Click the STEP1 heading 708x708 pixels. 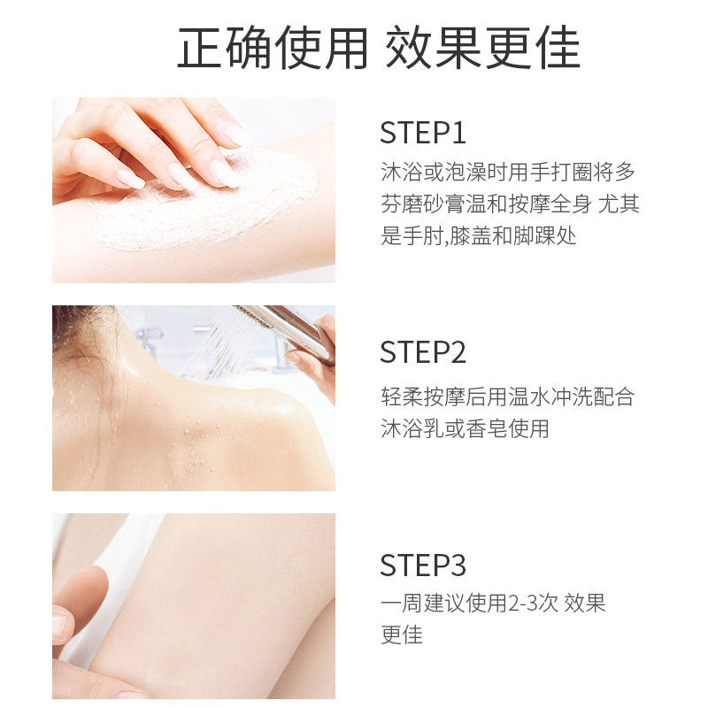click(422, 134)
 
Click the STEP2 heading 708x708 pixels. click(422, 351)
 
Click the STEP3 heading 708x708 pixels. click(422, 565)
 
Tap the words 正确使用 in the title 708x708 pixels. click(272, 49)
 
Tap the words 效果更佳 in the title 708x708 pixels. click(482, 49)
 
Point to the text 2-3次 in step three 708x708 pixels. click(532, 604)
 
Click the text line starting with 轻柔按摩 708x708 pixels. click(507, 396)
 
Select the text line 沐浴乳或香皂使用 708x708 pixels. click(465, 428)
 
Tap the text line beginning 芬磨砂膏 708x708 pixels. click(509, 204)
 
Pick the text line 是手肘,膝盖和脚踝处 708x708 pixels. click(478, 236)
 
